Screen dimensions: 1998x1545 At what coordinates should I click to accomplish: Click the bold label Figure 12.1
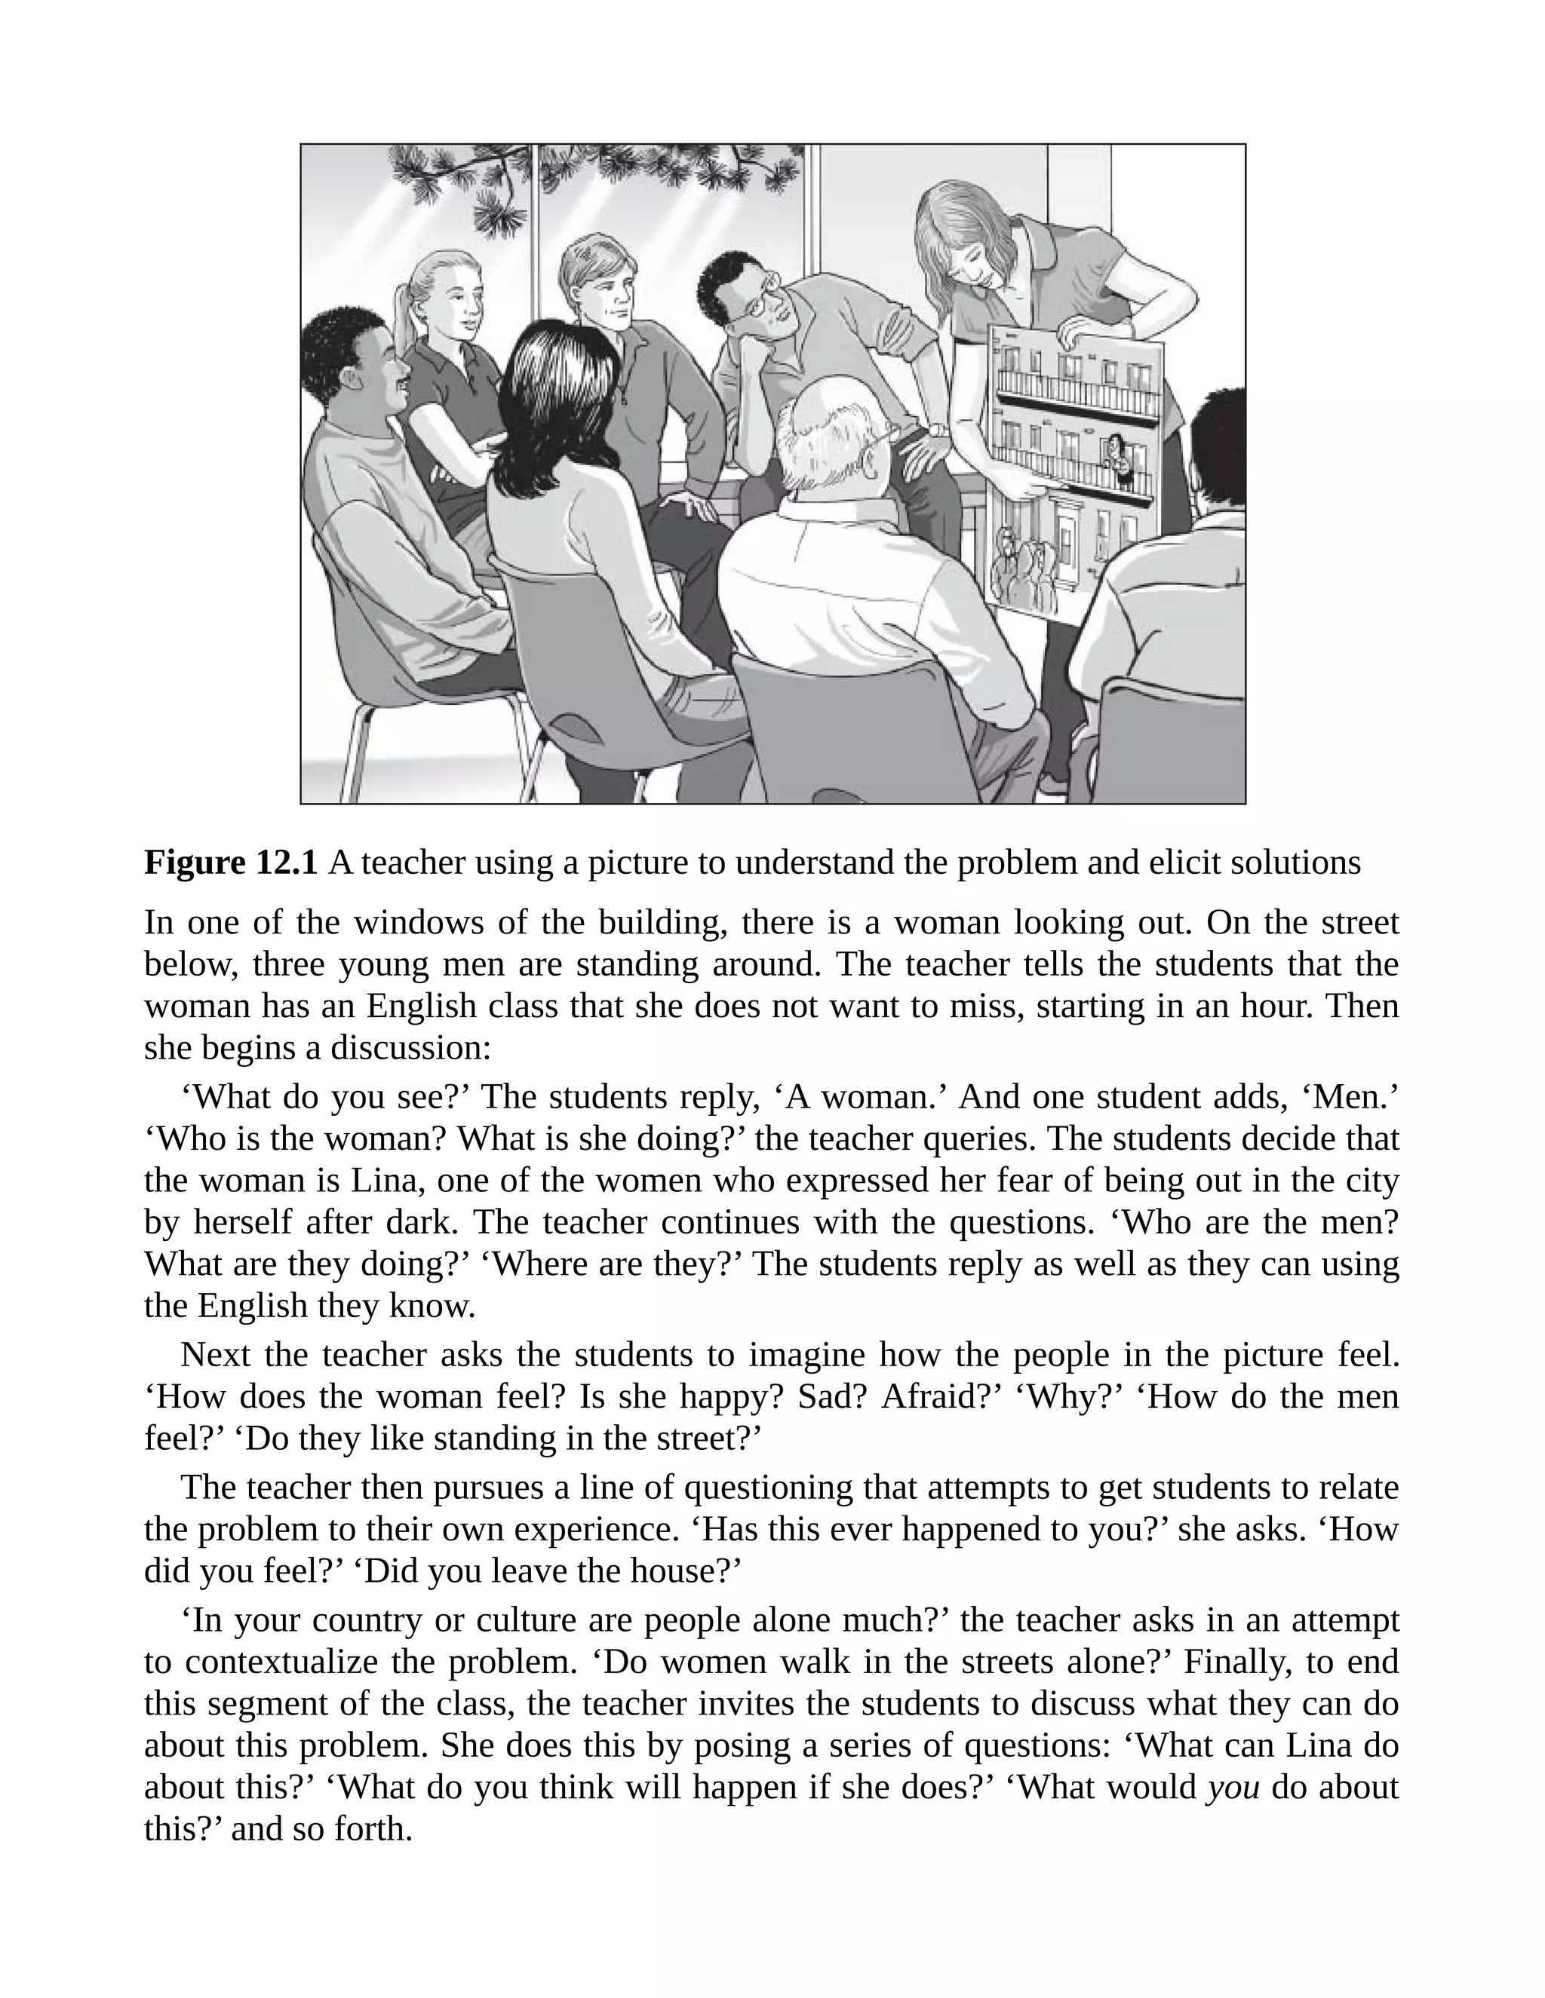[x=231, y=863]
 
